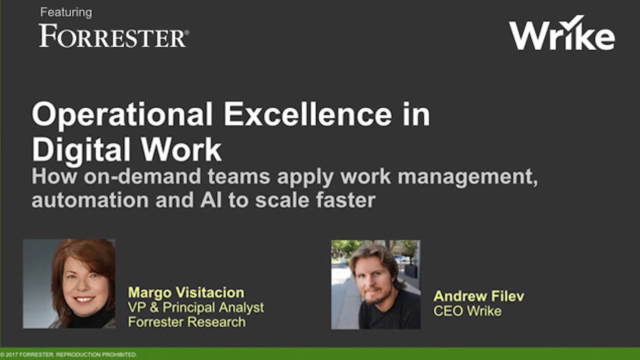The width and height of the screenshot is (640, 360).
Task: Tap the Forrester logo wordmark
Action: point(113,36)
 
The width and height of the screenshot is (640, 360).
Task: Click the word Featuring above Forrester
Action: point(66,12)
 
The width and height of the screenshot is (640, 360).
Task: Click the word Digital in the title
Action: point(81,148)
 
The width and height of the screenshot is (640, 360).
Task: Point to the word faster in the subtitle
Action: point(345,200)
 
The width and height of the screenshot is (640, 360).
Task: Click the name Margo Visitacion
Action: point(186,292)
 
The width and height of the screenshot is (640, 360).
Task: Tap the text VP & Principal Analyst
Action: point(196,307)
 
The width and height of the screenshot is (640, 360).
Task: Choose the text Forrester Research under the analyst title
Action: point(187,321)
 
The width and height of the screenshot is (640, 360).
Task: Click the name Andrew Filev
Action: point(478,296)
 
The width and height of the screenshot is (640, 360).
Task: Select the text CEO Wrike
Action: point(467,311)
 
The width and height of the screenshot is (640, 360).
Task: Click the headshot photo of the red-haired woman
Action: point(69,283)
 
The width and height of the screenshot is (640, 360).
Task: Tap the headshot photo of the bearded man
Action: point(375,284)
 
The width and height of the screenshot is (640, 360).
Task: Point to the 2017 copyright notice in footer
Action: point(68,354)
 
